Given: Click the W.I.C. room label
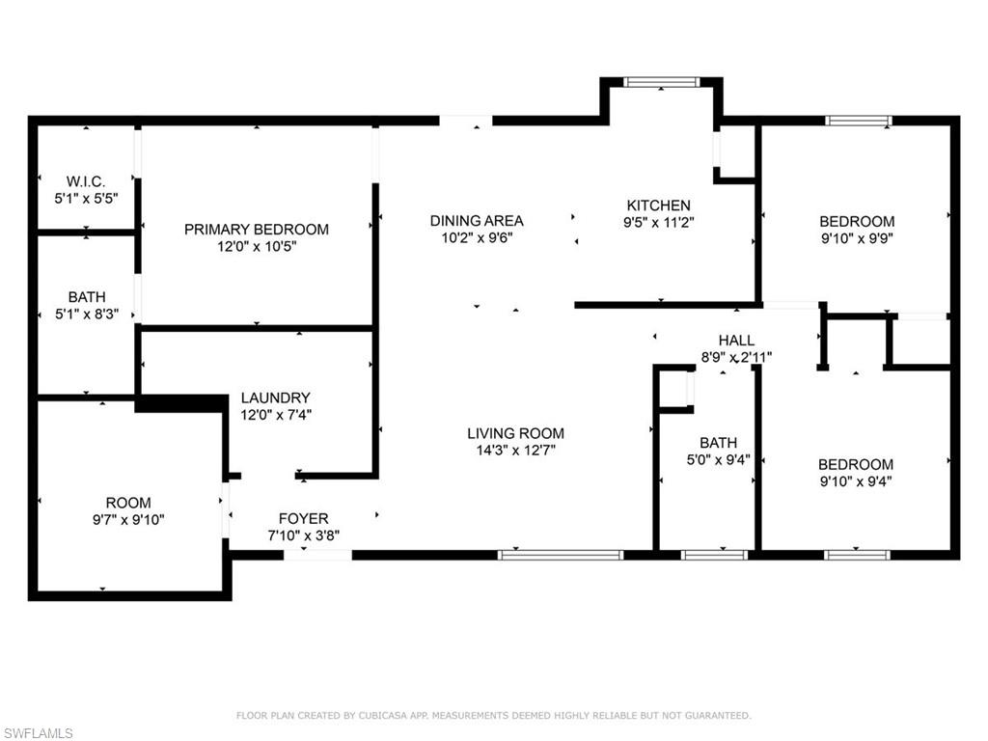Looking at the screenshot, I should pos(86,181).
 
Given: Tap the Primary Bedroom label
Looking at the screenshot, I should pos(257,230).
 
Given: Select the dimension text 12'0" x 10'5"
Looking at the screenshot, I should pos(257,247).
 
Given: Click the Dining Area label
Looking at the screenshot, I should pos(477,221).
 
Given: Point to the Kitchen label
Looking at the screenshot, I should pos(659,206).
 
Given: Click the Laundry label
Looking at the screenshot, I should pos(275,398).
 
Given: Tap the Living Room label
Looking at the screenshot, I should pos(516,433).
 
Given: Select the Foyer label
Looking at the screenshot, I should pos(304,519).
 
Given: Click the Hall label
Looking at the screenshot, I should pos(736,341).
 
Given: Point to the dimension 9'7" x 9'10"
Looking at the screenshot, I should pos(128,520).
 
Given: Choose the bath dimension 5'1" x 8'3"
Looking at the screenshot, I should pos(87,314).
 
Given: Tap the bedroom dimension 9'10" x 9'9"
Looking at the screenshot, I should pos(858,238).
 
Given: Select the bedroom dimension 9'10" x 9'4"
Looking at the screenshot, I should pos(856,481).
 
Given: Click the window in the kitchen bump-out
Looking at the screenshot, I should pos(661,82).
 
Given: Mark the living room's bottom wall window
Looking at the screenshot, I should pos(561,555).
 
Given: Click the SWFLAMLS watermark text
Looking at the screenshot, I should pos(38,733).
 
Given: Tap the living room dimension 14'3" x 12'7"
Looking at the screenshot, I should pos(516,451).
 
